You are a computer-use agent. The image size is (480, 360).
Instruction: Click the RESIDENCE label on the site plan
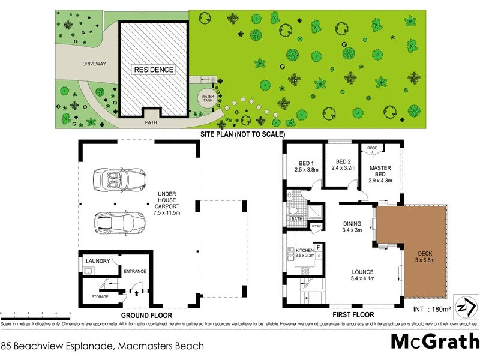pos(154,70)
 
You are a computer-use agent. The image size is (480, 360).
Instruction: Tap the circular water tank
pos(208,98)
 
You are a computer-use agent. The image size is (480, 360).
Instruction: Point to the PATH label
pos(151,122)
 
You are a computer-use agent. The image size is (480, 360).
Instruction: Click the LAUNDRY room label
pos(98,261)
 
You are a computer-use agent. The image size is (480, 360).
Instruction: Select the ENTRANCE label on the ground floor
pos(135,272)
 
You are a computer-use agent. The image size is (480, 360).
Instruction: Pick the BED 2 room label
pos(343,161)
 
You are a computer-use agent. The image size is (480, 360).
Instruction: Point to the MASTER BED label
pos(380,170)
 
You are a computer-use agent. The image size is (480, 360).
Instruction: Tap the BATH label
pos(297,219)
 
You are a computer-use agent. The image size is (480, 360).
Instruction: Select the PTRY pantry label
pos(316,226)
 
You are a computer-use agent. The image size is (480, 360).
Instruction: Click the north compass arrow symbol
pos(466,306)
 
